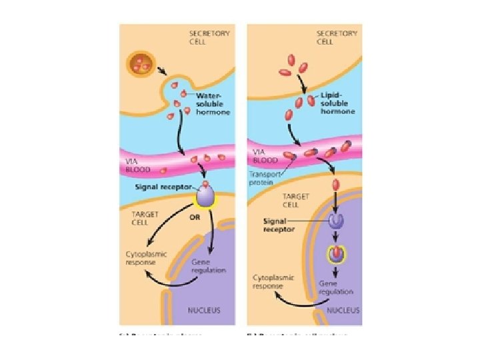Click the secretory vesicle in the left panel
(x=140, y=65)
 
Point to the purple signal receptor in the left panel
(x=205, y=195)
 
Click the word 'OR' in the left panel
(x=195, y=217)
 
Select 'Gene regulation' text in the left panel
(x=208, y=266)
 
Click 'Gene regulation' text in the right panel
(x=336, y=287)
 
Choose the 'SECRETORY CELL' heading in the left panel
(x=209, y=37)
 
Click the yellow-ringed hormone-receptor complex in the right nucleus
(x=335, y=255)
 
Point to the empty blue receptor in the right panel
(x=335, y=221)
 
